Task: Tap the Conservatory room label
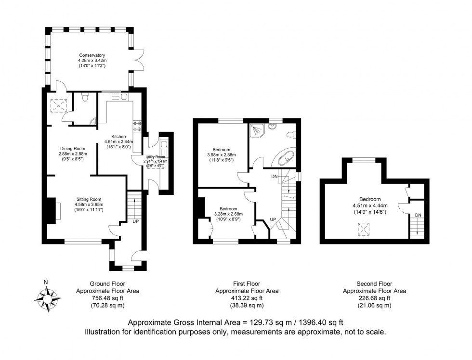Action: [92, 55]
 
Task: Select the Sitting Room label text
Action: [89, 199]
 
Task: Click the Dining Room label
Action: [72, 148]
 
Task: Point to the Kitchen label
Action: [118, 136]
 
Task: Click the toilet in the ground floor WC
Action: [85, 99]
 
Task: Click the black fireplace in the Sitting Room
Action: [51, 211]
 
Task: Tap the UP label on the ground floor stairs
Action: [136, 222]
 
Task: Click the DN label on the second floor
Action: [418, 215]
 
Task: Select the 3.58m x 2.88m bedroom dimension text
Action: [222, 155]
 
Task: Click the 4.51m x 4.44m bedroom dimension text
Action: [369, 206]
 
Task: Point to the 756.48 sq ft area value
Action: [100, 298]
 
